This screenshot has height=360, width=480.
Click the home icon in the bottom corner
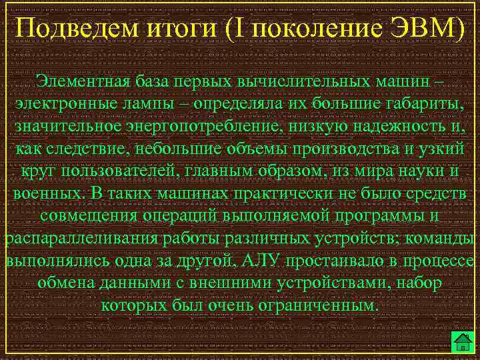click(x=462, y=341)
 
